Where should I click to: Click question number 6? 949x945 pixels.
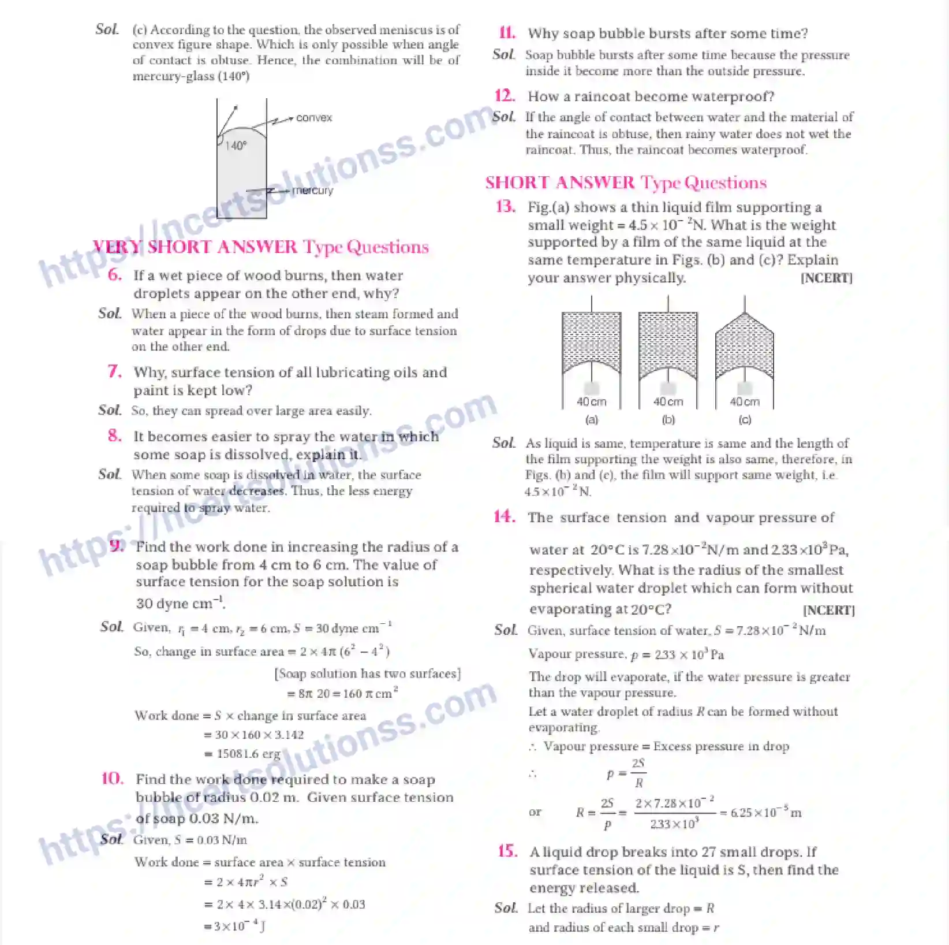tap(115, 275)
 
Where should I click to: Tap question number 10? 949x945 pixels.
tap(113, 779)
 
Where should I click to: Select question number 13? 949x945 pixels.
tap(506, 207)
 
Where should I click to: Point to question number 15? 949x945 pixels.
tap(507, 851)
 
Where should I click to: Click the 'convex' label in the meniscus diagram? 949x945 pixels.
tap(314, 118)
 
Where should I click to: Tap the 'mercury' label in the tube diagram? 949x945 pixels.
tap(312, 191)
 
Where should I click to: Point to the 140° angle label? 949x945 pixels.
tap(236, 146)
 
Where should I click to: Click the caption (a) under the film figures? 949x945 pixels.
tap(592, 420)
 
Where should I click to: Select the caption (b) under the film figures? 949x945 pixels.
tap(668, 420)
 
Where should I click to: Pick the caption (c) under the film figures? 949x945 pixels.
tap(745, 420)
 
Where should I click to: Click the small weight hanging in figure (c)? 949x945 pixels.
tap(745, 388)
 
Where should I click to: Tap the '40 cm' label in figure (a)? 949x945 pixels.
tap(592, 401)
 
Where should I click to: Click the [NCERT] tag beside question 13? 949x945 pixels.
tap(826, 278)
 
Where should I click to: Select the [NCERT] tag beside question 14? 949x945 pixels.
tap(828, 611)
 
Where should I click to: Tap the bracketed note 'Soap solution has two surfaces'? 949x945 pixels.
tap(368, 674)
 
